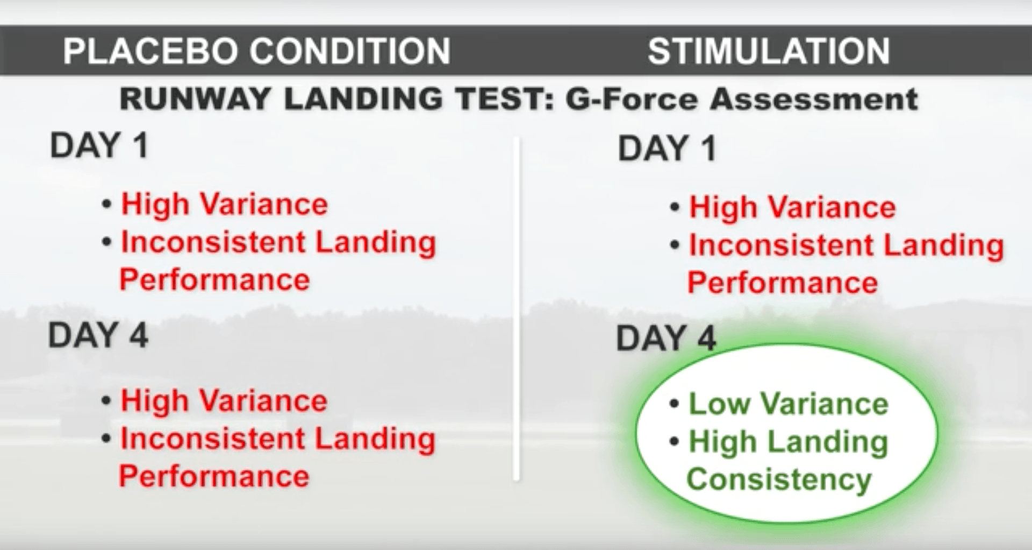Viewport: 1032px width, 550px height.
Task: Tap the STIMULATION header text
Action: point(769,51)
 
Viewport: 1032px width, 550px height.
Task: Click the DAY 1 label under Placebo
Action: point(99,145)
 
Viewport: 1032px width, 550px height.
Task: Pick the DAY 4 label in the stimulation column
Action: point(666,338)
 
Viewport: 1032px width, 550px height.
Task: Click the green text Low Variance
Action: point(789,404)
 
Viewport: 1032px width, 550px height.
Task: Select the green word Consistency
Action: point(779,479)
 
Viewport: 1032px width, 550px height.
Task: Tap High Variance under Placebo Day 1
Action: point(224,205)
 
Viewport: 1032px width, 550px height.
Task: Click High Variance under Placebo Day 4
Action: point(224,401)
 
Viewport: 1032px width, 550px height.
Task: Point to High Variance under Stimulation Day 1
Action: point(792,207)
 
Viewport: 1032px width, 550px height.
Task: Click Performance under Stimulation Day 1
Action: point(783,283)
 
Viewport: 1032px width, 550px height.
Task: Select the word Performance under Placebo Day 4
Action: point(214,476)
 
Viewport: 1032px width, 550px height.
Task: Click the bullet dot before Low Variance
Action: point(675,405)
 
